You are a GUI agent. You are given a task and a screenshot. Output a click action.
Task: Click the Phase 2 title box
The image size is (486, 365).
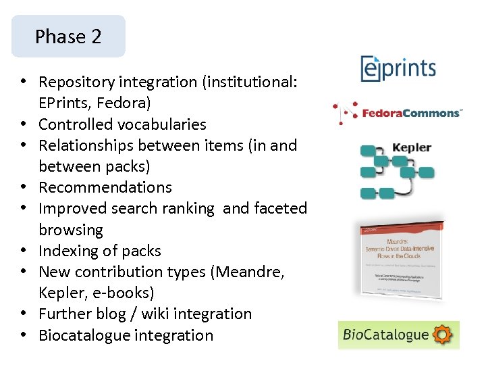pos(68,36)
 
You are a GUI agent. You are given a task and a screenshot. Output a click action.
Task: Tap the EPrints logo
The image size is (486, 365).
pos(398,69)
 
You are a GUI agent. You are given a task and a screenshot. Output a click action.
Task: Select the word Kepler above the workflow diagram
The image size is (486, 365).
pos(411,148)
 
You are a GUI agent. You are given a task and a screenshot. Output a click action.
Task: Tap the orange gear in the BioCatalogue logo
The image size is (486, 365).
pos(443,335)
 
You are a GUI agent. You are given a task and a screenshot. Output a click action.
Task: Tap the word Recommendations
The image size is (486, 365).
pos(105,187)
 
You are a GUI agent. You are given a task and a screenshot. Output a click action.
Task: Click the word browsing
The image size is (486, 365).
pos(71,230)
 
